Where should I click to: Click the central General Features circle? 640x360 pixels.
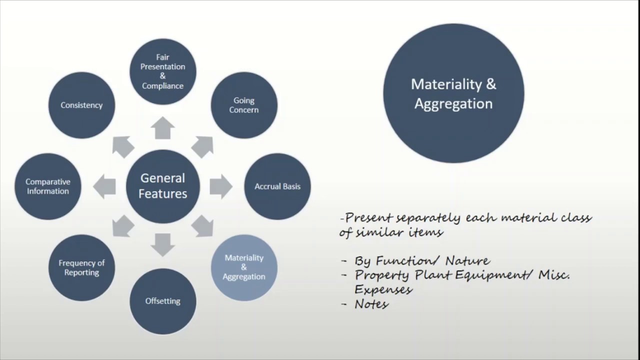point(162,186)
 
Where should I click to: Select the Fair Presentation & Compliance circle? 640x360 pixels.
point(162,71)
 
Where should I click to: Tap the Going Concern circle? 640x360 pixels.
point(244,105)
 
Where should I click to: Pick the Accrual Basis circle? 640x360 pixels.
point(277,186)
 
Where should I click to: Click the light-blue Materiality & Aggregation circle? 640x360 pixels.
point(244,267)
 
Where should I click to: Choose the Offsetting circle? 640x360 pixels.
point(162,301)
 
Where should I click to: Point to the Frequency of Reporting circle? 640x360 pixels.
point(81,267)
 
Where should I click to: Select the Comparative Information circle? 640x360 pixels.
point(48,186)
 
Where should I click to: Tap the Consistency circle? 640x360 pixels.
point(81,105)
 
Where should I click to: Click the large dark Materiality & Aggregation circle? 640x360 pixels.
point(453,93)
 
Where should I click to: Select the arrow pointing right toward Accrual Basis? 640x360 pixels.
point(220,186)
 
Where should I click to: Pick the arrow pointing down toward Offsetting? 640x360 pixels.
point(162,244)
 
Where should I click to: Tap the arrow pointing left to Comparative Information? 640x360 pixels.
point(104,186)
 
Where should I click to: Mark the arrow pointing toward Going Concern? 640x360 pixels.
point(202,146)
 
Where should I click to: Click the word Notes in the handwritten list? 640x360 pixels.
point(371,303)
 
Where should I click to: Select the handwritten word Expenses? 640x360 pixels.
point(383,289)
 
